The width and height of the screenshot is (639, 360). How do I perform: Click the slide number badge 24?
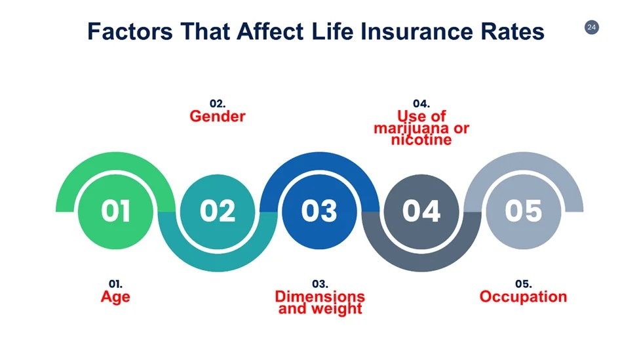pyautogui.click(x=591, y=28)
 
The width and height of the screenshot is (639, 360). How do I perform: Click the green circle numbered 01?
pyautogui.click(x=116, y=212)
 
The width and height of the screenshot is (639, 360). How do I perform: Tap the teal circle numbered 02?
pyautogui.click(x=218, y=212)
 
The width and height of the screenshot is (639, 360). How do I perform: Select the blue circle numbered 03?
pyautogui.click(x=320, y=212)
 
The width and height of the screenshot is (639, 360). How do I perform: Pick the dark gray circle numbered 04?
pyautogui.click(x=421, y=212)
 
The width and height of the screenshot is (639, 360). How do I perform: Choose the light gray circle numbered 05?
pyautogui.click(x=523, y=212)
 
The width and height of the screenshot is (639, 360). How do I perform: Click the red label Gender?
pyautogui.click(x=218, y=117)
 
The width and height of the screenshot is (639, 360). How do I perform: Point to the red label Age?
pyautogui.click(x=115, y=297)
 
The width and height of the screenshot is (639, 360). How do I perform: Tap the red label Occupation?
pyautogui.click(x=523, y=297)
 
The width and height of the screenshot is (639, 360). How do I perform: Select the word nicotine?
pyautogui.click(x=421, y=140)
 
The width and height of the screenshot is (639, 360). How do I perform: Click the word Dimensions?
pyautogui.click(x=320, y=296)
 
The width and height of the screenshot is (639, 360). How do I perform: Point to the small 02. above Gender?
pyautogui.click(x=218, y=104)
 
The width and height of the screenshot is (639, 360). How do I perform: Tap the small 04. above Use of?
pyautogui.click(x=421, y=104)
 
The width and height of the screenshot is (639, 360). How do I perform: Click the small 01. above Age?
pyautogui.click(x=115, y=284)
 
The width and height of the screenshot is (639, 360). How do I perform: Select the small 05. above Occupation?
pyautogui.click(x=523, y=284)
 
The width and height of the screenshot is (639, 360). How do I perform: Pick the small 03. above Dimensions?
pyautogui.click(x=320, y=284)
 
